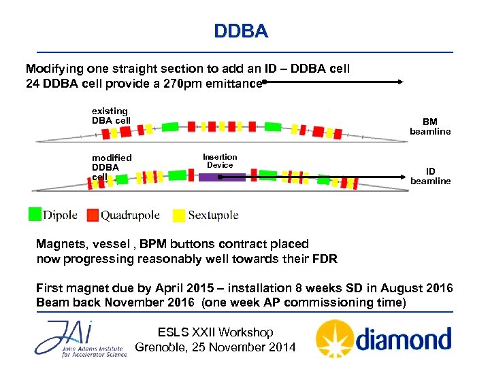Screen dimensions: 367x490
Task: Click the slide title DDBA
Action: click(x=241, y=31)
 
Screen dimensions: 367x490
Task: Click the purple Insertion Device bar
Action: click(x=222, y=177)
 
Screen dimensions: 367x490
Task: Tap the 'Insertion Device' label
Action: click(x=220, y=161)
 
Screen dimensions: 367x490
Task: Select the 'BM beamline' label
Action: click(x=429, y=127)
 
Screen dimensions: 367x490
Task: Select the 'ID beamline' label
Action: click(x=430, y=176)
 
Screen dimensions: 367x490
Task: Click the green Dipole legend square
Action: click(x=35, y=214)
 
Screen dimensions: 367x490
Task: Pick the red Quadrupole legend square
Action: click(x=93, y=215)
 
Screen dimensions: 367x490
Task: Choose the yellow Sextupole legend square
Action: click(x=178, y=215)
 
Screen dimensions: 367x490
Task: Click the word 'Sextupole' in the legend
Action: click(x=213, y=215)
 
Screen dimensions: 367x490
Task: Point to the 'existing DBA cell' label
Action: click(x=111, y=116)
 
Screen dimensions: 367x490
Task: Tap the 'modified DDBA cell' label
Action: click(x=112, y=167)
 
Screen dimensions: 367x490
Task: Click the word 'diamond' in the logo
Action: click(x=402, y=339)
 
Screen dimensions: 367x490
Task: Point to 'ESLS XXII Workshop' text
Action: click(x=215, y=332)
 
